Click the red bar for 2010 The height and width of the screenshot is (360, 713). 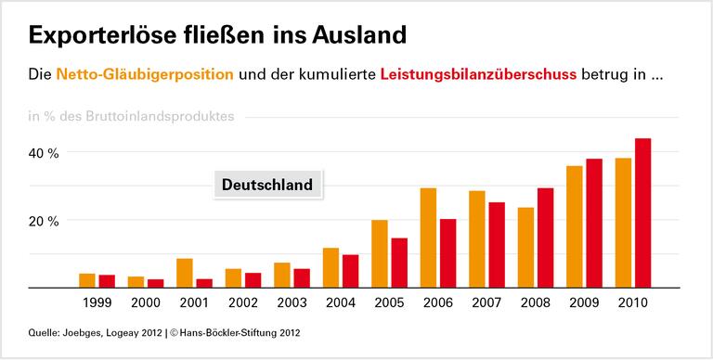642,213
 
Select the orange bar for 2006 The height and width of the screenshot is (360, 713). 428,238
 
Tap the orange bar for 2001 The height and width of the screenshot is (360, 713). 185,274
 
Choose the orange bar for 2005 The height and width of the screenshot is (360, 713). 380,254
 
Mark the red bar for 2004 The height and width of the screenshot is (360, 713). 350,271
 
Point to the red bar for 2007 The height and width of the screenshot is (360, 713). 497,245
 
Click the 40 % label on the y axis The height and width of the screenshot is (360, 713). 44,153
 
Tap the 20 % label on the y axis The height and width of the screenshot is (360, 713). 44,221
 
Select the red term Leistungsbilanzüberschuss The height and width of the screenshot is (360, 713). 479,73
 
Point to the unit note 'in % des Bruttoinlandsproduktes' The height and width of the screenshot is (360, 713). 131,116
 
